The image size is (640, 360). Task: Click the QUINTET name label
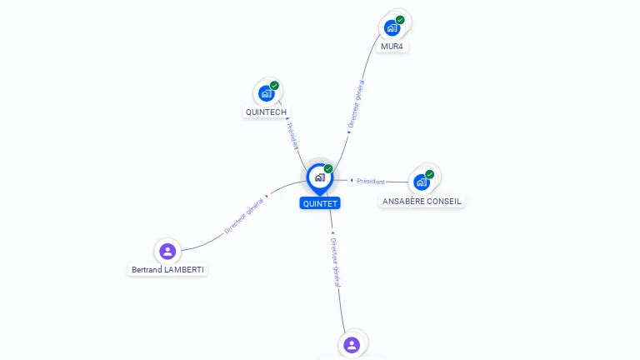(320, 203)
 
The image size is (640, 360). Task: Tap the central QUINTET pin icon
(320, 179)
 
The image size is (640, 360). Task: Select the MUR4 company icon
(392, 27)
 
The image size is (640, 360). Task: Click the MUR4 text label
(392, 47)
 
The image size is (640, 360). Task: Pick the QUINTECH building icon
(266, 93)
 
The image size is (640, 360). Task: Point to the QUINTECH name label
(266, 112)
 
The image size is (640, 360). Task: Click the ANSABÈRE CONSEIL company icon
(421, 182)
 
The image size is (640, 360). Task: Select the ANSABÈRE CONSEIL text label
(422, 201)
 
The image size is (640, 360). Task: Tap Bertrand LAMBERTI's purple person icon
(167, 251)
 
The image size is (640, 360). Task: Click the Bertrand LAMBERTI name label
(167, 270)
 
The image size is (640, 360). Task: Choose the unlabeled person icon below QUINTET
(352, 345)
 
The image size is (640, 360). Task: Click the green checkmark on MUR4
(400, 20)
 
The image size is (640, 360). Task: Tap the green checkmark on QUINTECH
(274, 85)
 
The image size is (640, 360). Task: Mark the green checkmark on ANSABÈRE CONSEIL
(429, 174)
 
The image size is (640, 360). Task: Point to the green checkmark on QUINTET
(328, 168)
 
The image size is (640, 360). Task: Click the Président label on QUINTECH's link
(292, 136)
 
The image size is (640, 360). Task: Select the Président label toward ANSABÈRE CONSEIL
(371, 181)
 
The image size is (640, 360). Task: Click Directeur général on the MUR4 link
(356, 103)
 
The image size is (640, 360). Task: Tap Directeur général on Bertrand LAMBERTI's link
(243, 216)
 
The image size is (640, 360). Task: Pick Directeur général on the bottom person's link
(335, 262)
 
